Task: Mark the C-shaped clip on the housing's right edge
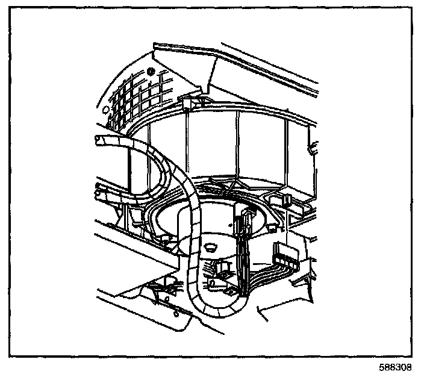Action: click(311, 146)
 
